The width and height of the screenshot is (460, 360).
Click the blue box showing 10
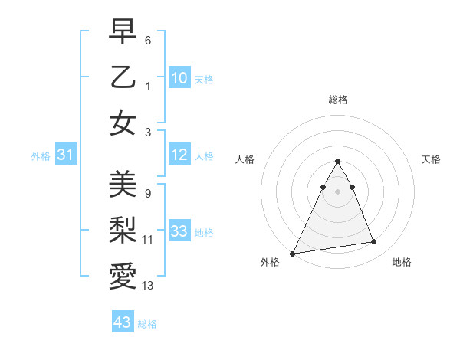tap(179, 78)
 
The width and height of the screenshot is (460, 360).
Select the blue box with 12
tap(179, 155)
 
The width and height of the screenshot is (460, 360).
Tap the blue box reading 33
tap(179, 232)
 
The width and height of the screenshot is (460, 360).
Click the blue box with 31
tap(66, 155)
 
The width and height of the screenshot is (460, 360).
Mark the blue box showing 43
tap(123, 322)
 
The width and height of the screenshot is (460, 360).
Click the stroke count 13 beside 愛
tap(148, 286)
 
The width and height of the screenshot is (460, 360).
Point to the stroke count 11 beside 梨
tap(148, 240)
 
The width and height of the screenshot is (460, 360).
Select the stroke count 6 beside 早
tap(148, 39)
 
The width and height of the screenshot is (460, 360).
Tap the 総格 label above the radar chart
tap(337, 100)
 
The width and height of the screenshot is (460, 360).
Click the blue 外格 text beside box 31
tap(41, 156)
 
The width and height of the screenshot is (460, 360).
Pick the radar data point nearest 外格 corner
tap(293, 254)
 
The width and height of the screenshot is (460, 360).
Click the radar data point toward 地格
tap(374, 242)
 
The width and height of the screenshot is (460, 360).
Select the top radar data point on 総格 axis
tap(337, 162)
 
